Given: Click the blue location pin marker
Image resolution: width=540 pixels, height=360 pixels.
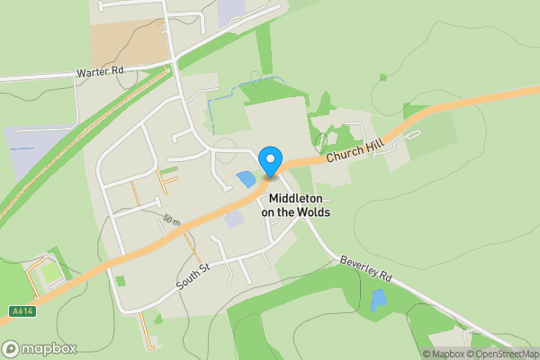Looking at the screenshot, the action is pos(269,162).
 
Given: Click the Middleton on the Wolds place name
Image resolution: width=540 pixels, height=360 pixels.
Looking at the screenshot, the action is pos(296,205).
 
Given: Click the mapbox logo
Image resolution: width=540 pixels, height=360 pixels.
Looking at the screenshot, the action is pos(40,348).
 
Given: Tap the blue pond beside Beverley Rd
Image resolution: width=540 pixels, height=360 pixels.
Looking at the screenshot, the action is pos(379,300).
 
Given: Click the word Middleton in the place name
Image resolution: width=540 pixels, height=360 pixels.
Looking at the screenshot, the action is pos(296,198).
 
